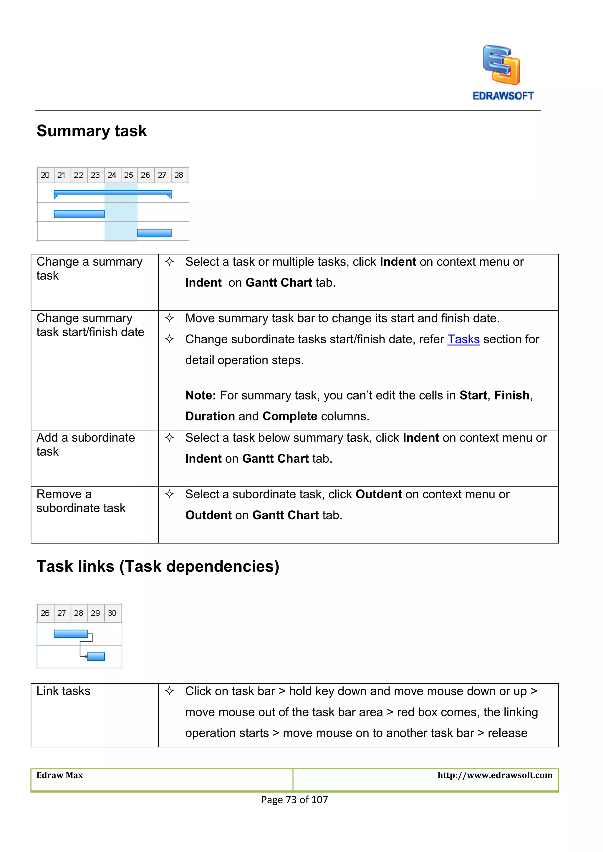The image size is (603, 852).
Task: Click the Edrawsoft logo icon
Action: pos(501,65)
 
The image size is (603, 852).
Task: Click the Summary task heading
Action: pos(92,131)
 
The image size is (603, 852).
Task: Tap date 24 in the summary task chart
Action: pos(112,175)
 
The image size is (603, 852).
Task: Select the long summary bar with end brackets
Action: pos(112,193)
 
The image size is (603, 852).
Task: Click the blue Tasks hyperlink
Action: pos(463,339)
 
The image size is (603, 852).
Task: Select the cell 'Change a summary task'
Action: pos(89,269)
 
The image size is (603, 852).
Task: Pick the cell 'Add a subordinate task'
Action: pos(85,445)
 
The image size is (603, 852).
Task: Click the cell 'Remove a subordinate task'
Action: pos(81,501)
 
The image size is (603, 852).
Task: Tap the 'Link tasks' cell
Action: pos(64,691)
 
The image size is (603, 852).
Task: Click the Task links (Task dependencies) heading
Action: pos(158,567)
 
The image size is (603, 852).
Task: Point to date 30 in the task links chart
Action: pos(112,613)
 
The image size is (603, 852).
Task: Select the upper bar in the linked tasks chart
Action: pos(71,634)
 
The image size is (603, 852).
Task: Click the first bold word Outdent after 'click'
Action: pos(379,494)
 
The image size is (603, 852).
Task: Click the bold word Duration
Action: pos(210,416)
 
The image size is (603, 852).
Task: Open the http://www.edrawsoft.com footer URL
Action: pos(495,775)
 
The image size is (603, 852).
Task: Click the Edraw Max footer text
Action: pos(60,775)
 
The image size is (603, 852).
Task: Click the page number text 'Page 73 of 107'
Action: pos(294,800)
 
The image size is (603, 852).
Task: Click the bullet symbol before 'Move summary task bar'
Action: pos(169,318)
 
